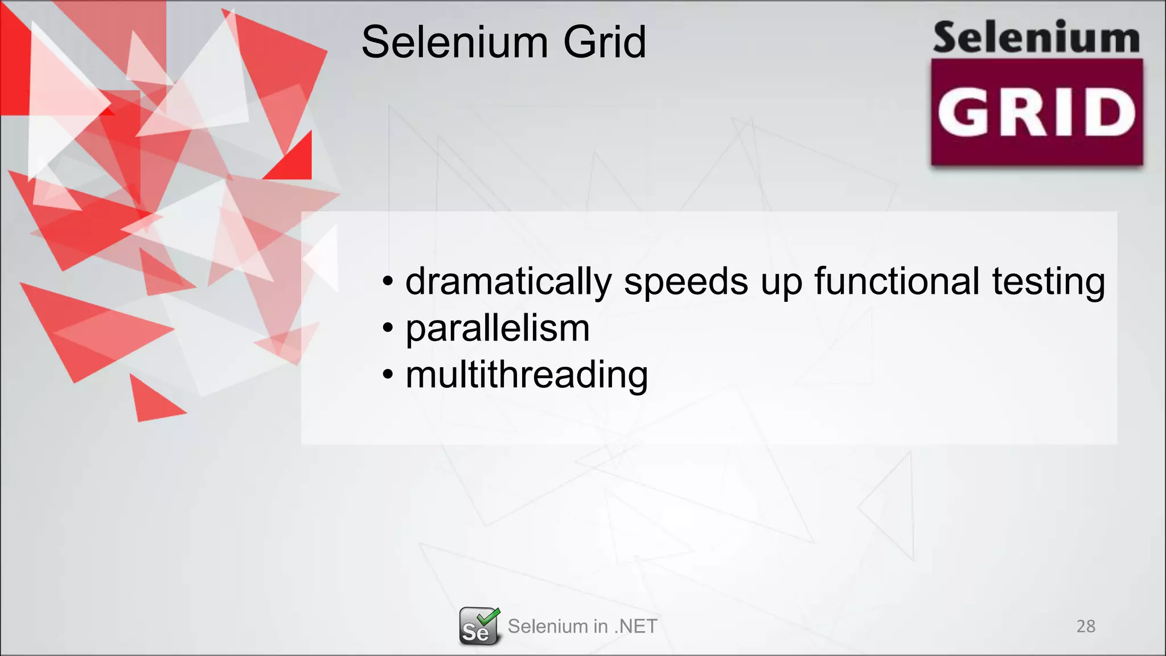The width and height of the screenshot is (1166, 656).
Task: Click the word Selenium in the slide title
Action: click(455, 42)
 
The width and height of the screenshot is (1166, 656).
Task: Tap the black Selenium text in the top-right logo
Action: click(1036, 38)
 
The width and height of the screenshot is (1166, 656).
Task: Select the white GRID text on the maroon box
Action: click(1036, 113)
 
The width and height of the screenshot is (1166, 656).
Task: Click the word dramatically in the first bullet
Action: click(508, 281)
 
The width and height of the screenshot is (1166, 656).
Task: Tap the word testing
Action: click(1048, 281)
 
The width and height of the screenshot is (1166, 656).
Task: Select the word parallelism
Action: click(497, 329)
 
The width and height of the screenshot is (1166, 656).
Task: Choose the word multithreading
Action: click(527, 375)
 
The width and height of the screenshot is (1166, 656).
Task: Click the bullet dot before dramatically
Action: click(388, 281)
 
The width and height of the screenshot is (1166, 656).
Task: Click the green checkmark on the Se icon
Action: click(488, 616)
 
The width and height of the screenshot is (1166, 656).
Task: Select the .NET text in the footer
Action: click(635, 626)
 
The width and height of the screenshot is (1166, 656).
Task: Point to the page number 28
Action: click(1086, 626)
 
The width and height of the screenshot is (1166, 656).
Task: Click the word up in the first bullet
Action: click(781, 281)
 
